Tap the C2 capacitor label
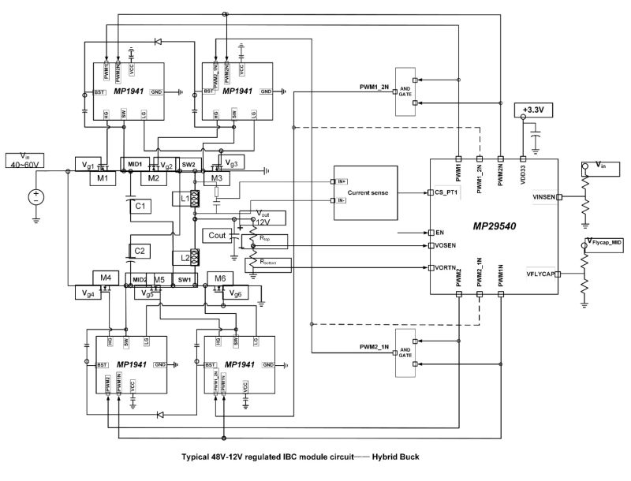[139, 250]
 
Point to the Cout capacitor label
[217, 235]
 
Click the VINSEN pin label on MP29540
[543, 197]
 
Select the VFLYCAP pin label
[541, 274]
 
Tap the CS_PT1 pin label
[446, 192]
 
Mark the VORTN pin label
[445, 267]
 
